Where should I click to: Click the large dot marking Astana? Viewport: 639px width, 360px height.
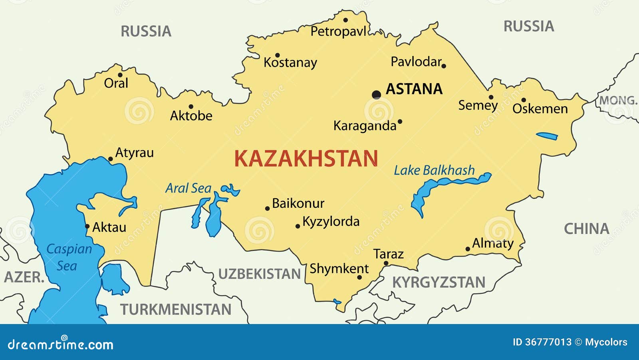[x=376, y=95]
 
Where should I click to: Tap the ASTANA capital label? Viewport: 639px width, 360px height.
[x=414, y=89]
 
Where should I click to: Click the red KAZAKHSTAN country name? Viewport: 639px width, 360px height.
[x=306, y=159]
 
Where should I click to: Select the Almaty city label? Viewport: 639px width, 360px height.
[x=493, y=243]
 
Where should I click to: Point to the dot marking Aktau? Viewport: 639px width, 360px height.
[x=87, y=226]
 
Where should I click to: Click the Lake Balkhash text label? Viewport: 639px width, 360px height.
[x=434, y=171]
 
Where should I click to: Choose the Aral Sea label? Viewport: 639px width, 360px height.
[x=188, y=188]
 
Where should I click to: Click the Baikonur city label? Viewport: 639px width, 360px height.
[x=298, y=203]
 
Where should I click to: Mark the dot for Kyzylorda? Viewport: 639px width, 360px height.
[x=298, y=226]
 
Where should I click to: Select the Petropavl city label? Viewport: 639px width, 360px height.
[x=338, y=32]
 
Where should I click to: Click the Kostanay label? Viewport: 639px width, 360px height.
[x=290, y=63]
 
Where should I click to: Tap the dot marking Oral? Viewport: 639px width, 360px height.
[x=120, y=75]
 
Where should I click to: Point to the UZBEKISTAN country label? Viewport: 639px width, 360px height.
[x=260, y=274]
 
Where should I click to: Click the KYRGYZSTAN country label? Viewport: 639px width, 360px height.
[x=439, y=282]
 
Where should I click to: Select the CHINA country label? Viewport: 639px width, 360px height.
[x=586, y=229]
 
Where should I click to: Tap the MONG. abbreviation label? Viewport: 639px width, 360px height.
[x=617, y=100]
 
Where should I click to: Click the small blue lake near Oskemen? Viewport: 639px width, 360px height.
[x=547, y=136]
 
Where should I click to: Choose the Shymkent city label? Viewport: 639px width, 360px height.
[x=339, y=269]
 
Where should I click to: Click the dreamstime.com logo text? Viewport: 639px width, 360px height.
[x=61, y=344]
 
